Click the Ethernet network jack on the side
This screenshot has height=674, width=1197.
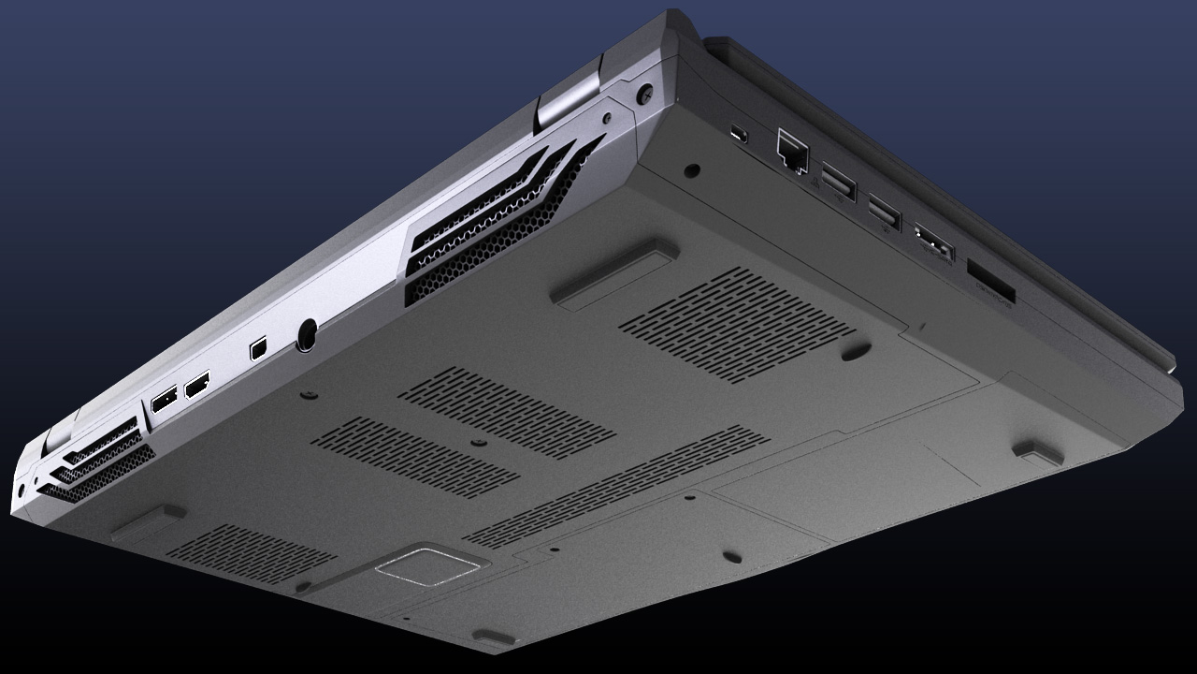pos(791,151)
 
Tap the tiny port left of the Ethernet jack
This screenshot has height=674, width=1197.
pos(740,134)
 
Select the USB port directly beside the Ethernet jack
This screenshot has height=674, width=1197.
pos(838,182)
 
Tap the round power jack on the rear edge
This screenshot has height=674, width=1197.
pos(306,334)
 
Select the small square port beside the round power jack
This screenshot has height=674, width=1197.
pos(259,348)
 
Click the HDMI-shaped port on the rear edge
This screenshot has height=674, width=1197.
pos(197,384)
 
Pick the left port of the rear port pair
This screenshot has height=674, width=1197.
pos(163,400)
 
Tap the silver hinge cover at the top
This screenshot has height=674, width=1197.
pos(569,96)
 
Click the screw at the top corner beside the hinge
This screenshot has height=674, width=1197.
pos(645,95)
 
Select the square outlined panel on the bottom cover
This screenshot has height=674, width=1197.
pos(430,564)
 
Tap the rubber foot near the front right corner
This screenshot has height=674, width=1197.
pos(1038,452)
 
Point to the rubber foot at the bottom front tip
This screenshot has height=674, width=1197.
pos(494,637)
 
